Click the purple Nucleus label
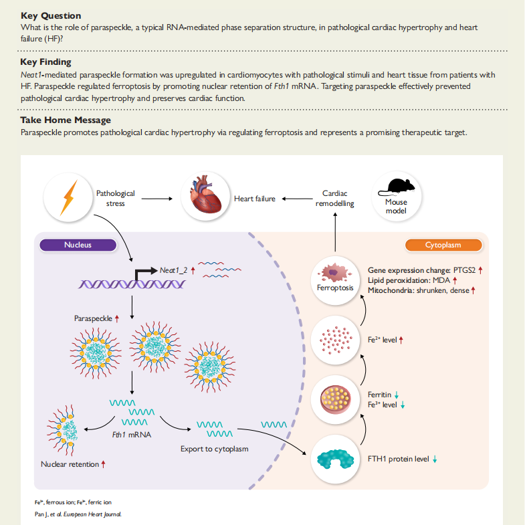(78, 245)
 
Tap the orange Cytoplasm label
(443, 245)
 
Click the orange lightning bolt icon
(68, 197)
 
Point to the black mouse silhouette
(397, 187)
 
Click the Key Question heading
(51, 16)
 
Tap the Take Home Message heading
(66, 120)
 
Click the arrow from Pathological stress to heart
(156, 199)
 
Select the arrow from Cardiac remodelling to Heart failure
(297, 199)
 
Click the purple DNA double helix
(132, 284)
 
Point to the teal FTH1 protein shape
(335, 459)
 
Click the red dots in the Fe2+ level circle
(336, 340)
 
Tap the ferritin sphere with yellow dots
(335, 399)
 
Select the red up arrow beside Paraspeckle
(117, 318)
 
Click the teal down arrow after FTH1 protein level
(435, 459)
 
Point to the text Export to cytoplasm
(214, 449)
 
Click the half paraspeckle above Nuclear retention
(63, 431)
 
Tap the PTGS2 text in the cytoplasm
(464, 270)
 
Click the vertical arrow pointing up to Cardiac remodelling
(335, 232)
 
